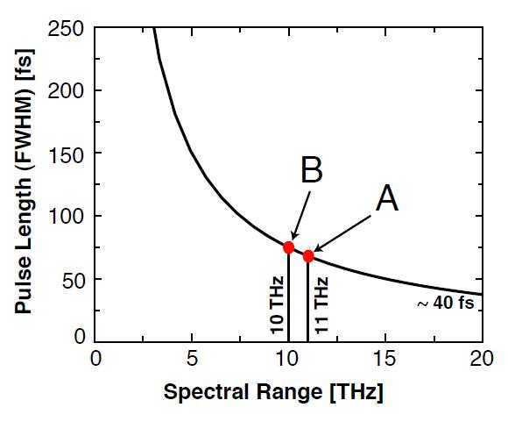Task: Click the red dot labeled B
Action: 288,247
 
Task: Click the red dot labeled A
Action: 308,256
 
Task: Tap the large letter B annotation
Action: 312,169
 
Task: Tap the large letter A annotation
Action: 387,198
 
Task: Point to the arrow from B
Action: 301,216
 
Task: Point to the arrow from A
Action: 342,234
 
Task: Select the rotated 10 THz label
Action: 277,304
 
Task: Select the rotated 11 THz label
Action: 321,304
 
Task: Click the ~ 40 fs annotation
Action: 446,303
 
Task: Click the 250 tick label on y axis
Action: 66,29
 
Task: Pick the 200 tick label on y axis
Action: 66,91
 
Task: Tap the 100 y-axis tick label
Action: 66,217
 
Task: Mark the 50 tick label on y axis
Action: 74,280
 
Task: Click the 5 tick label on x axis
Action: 192,359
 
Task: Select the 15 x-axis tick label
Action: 385,359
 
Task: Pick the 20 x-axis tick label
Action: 482,359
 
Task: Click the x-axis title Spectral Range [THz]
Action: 273,391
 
